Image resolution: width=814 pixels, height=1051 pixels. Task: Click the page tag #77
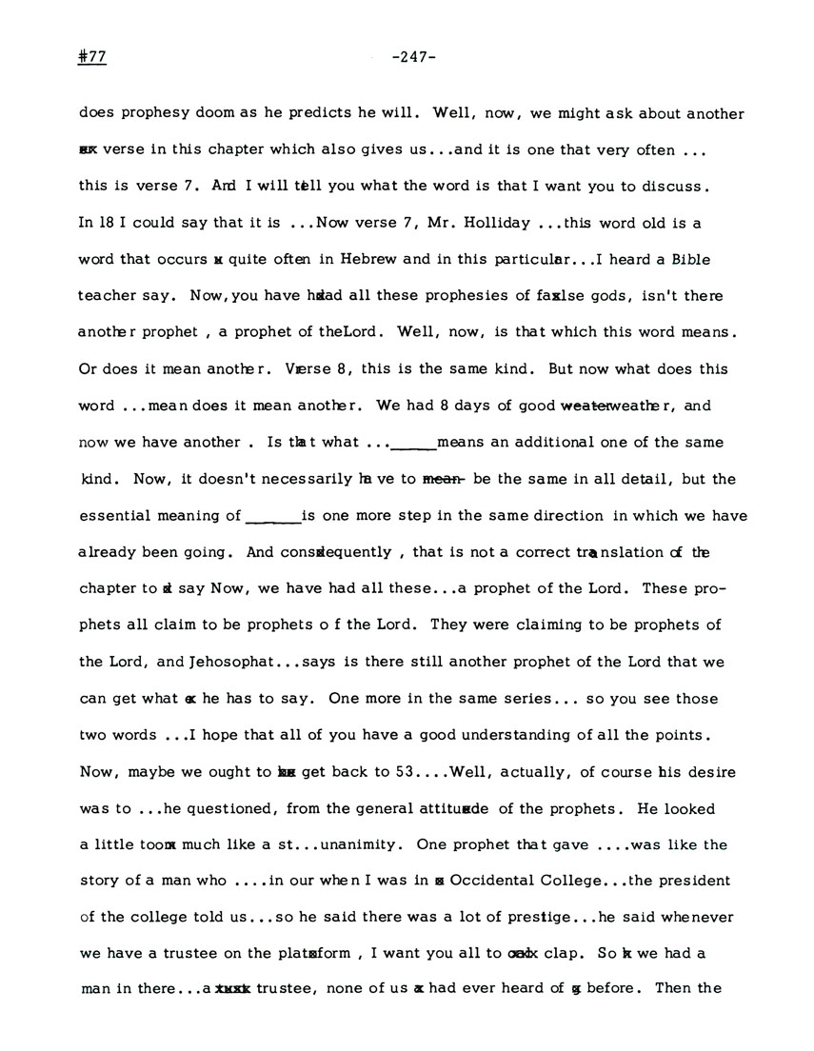(x=92, y=57)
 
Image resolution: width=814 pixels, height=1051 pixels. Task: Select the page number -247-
(x=413, y=57)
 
